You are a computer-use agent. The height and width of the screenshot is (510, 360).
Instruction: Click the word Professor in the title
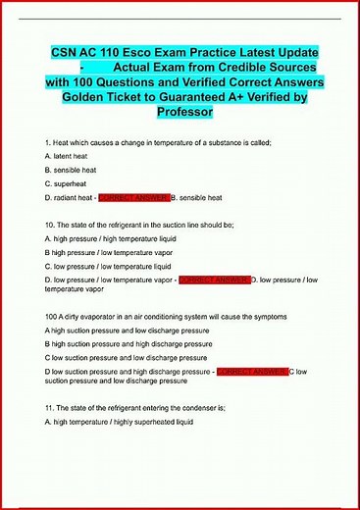[x=180, y=113]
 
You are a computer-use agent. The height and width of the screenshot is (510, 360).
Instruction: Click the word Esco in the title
[x=145, y=51]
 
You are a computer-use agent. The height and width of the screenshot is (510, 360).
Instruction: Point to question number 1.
[x=48, y=143]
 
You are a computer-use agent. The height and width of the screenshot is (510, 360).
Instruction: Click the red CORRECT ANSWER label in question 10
[x=214, y=280]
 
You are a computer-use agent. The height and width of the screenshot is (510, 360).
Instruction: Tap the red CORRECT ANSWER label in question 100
[x=251, y=373]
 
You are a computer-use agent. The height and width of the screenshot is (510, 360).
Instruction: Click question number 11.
[x=50, y=405]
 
